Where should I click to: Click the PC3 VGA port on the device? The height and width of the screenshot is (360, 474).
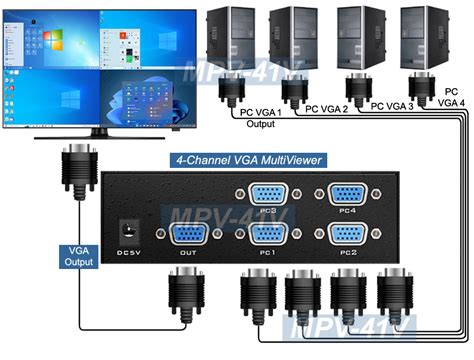266,198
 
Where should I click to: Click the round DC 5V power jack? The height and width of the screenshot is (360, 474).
128,227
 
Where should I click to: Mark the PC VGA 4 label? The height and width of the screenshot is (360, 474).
451,96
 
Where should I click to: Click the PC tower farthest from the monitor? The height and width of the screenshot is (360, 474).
421,40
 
